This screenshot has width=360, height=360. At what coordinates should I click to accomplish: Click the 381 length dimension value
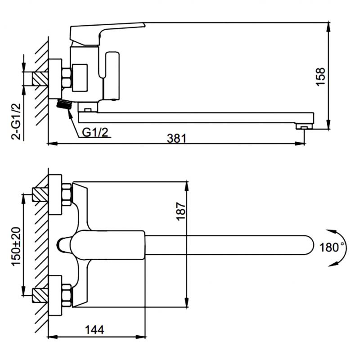[176, 139]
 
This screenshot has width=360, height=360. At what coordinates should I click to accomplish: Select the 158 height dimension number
[321, 76]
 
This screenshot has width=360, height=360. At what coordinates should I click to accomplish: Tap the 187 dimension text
[181, 211]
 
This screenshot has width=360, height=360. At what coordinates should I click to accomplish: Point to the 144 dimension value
[94, 330]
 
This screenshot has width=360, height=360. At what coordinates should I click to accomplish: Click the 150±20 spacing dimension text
[16, 247]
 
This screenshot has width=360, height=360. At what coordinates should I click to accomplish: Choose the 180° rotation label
[331, 247]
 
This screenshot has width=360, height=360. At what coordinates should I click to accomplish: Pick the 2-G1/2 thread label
[16, 121]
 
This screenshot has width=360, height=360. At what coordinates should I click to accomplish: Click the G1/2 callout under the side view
[95, 132]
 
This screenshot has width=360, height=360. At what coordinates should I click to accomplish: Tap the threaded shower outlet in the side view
[64, 104]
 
